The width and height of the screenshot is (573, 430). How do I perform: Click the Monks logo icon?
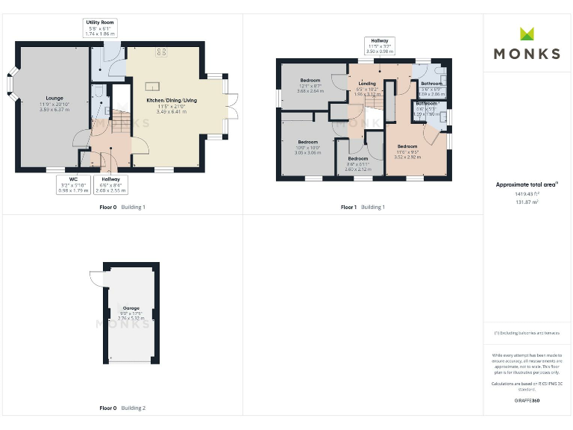(x=527, y=34)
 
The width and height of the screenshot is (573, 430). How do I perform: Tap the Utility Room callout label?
(x=101, y=28)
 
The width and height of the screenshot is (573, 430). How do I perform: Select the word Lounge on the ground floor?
(x=54, y=98)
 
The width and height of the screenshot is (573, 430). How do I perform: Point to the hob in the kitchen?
(x=160, y=52)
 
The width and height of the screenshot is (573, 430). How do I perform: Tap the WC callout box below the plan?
(x=73, y=185)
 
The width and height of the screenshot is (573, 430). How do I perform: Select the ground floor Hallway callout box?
(x=110, y=185)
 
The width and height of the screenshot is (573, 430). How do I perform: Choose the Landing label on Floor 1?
(x=367, y=84)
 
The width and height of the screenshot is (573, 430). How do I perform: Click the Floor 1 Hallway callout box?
(x=380, y=46)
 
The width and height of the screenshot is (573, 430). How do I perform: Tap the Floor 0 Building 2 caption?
(x=122, y=408)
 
